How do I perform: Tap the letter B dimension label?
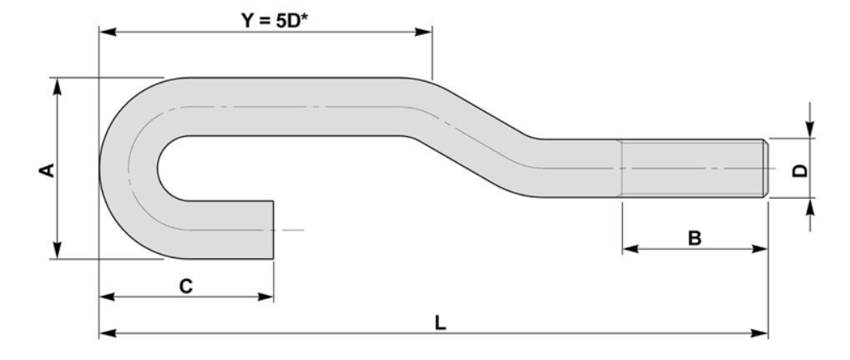(x=695, y=238)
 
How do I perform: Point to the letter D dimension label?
(x=799, y=170)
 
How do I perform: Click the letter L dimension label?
(x=440, y=322)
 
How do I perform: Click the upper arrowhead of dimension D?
(x=808, y=130)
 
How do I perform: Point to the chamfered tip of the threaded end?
(x=764, y=168)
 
